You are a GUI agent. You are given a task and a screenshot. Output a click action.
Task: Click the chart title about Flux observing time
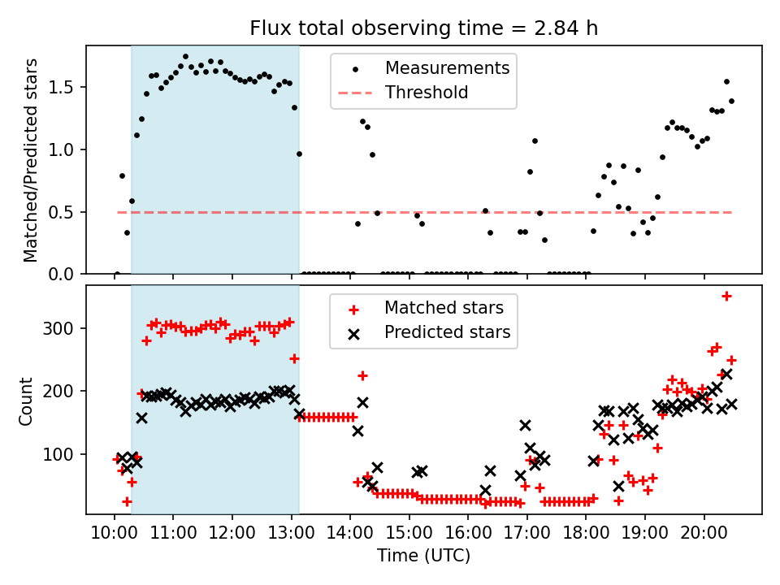point(423,29)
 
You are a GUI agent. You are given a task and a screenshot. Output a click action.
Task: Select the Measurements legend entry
point(447,67)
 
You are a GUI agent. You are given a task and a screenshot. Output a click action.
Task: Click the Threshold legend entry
point(427,93)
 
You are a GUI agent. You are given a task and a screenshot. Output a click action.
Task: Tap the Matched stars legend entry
point(444,308)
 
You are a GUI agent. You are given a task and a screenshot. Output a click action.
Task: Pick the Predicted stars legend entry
point(447,332)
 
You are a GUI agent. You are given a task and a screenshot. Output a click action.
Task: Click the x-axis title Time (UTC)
point(423,557)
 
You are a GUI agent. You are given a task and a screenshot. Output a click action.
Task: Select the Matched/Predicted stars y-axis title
point(31,160)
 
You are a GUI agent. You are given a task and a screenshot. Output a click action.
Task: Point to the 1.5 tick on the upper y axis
point(67,87)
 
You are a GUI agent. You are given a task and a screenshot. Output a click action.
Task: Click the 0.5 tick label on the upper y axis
point(67,212)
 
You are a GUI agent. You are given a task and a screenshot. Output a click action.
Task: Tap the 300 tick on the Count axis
point(63,328)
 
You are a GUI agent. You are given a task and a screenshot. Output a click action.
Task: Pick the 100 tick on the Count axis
point(63,453)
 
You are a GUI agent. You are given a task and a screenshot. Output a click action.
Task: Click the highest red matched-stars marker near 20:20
point(726,296)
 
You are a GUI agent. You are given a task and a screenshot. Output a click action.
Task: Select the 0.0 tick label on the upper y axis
point(67,275)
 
